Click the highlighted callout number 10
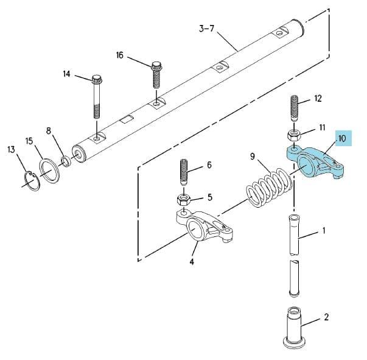click(342, 138)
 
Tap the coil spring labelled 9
click(269, 188)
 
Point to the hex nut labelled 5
click(183, 200)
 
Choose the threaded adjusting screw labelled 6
click(184, 172)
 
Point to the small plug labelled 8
click(66, 162)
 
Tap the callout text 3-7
click(207, 29)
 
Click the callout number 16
click(120, 55)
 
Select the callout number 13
click(11, 149)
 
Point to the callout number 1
click(324, 231)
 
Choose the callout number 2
click(326, 317)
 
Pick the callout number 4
click(192, 261)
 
